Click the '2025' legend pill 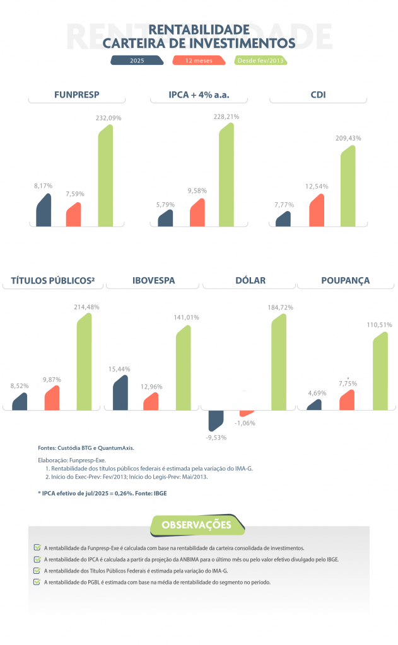tap(137, 61)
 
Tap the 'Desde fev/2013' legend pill tap(260, 61)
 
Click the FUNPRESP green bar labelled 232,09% tap(105, 176)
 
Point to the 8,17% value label tap(43, 186)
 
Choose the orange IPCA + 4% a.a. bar tap(197, 213)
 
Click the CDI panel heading tap(322, 95)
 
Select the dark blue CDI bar tap(283, 219)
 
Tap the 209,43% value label tap(350, 138)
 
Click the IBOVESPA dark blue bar tap(120, 393)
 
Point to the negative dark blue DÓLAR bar tap(216, 420)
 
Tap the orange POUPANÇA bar tap(347, 400)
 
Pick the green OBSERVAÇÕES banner tap(196, 525)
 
